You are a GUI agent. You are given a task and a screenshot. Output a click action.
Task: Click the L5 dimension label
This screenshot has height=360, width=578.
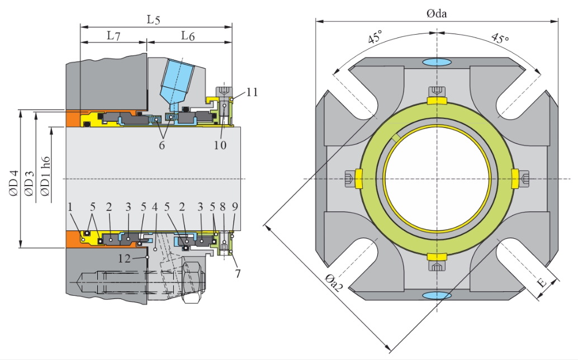coord(153,20)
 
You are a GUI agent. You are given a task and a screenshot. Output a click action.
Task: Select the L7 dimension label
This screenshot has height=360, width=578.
coord(113,36)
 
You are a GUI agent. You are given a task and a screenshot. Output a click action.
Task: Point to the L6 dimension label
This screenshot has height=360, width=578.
coord(188,36)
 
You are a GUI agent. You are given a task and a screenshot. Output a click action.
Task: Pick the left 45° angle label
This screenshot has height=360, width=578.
coord(376,39)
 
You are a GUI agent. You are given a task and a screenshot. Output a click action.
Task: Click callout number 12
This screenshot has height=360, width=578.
coord(125,258)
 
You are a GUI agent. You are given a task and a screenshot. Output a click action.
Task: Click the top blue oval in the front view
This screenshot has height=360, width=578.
coord(437,61)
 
